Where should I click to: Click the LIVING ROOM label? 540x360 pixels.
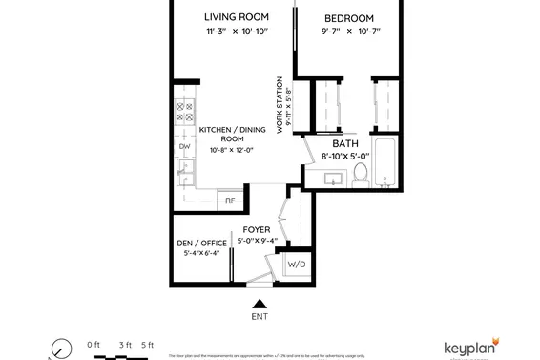(237, 17)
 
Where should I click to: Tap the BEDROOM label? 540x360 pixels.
(349, 18)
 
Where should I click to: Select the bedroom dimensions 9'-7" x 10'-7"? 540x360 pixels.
(349, 32)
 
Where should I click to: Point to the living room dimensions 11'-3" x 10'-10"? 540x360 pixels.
(237, 32)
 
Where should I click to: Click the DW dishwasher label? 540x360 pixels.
(185, 146)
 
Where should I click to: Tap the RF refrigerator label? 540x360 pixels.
(230, 201)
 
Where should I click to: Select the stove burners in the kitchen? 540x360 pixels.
(184, 116)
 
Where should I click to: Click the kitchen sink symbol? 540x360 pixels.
(184, 171)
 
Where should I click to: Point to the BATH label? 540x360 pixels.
(344, 143)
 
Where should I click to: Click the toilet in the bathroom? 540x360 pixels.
(361, 174)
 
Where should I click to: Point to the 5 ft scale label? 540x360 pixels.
(147, 344)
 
